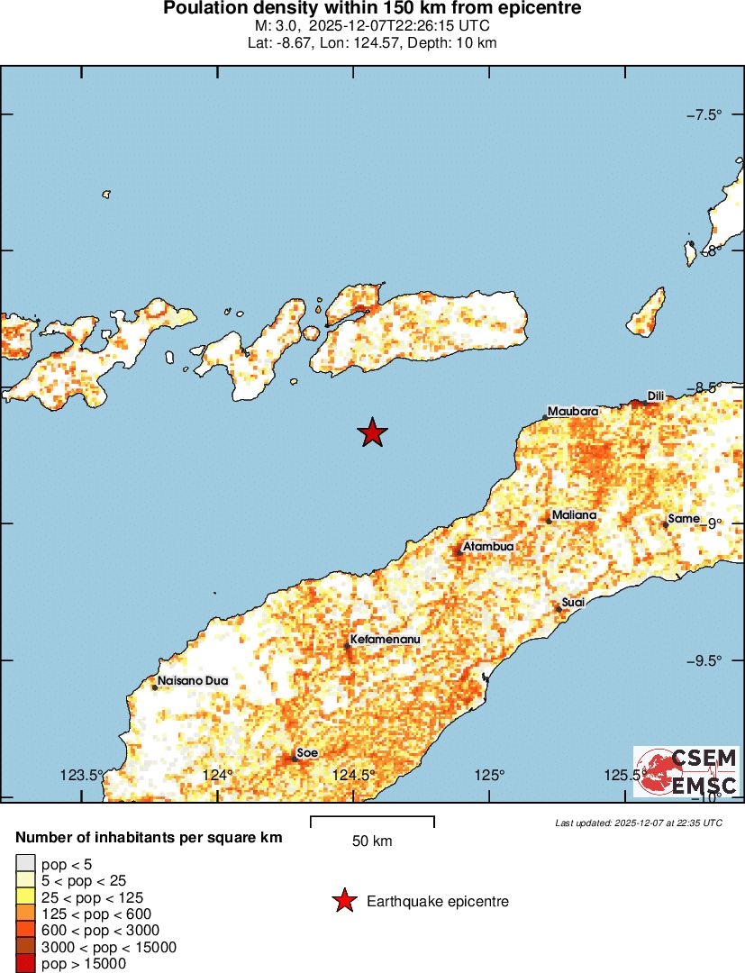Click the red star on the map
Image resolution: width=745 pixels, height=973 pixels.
pos(372,433)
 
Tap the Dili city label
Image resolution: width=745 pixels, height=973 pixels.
pos(656,396)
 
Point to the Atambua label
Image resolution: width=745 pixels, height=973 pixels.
pos(488,547)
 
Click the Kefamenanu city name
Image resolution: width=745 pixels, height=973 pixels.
pos(385,640)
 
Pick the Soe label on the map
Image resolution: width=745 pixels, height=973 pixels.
pos(308,752)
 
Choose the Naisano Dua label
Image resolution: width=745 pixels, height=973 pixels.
pos(193,681)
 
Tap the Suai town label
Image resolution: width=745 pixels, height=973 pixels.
pos(574,602)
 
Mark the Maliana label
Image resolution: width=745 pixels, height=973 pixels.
pos(574,515)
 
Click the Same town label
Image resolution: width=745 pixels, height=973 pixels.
pos(685,519)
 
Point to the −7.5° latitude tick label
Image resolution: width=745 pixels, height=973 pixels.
pos(705,114)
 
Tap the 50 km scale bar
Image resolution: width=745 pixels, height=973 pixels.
pos(372,821)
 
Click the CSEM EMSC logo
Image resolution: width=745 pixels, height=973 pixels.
pos(686,771)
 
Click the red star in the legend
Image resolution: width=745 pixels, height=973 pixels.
pos(343,901)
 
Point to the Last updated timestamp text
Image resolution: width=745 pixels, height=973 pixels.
pos(639,823)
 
